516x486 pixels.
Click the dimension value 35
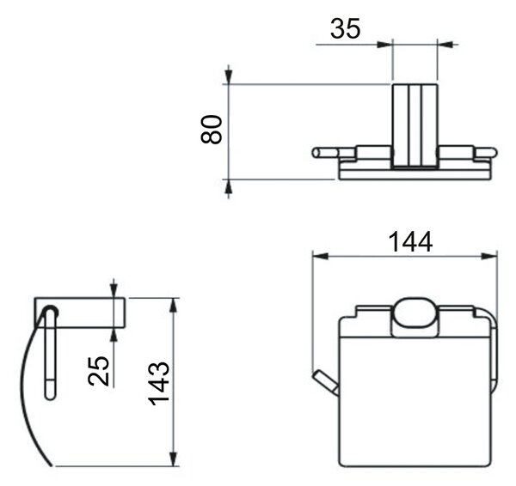tap(345, 28)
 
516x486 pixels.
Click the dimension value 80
tap(212, 129)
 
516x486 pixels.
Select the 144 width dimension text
tap(410, 242)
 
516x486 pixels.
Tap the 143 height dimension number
tap(158, 383)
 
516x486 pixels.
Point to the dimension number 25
tap(98, 371)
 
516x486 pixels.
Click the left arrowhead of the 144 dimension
tap(320, 256)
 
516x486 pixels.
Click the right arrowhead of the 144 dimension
tap(489, 256)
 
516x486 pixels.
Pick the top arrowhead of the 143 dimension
tap(174, 306)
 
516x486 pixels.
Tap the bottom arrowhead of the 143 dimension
tap(174, 458)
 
